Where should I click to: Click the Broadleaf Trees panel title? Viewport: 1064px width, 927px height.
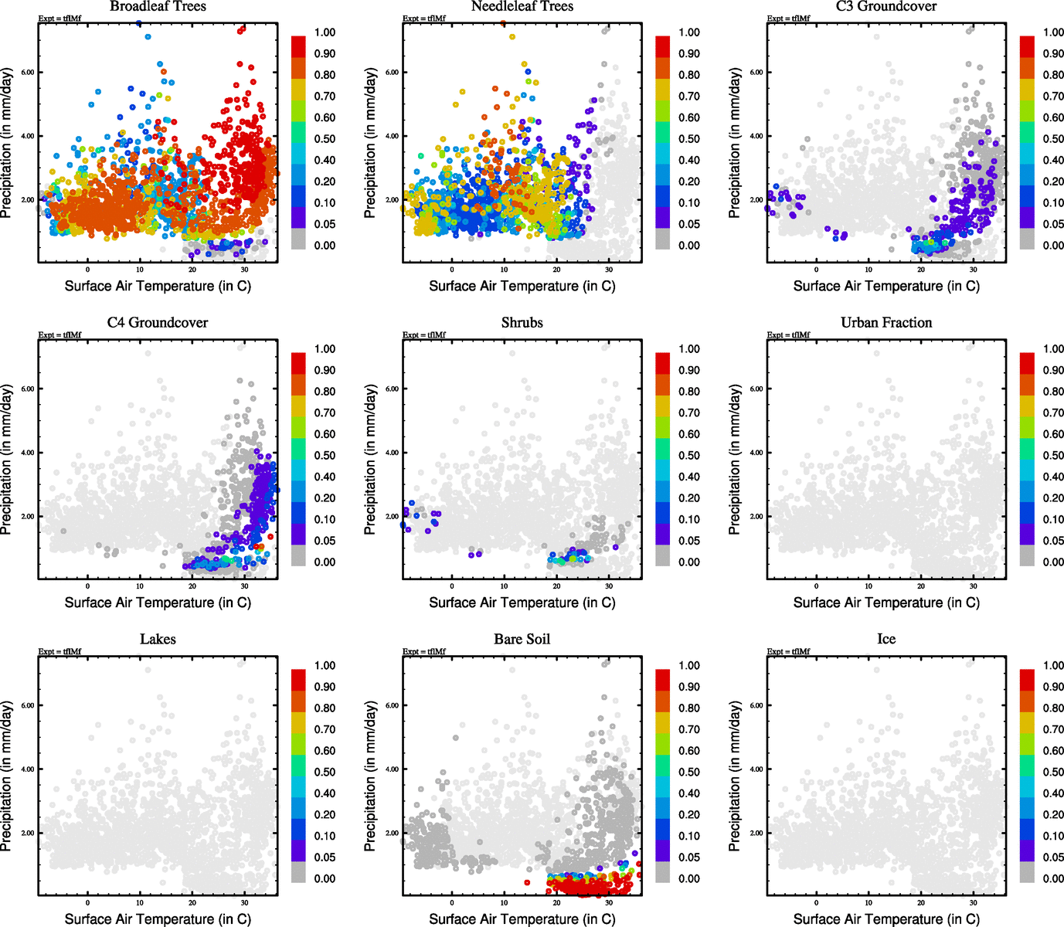[x=158, y=7]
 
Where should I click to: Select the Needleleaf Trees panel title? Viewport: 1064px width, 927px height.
[x=522, y=7]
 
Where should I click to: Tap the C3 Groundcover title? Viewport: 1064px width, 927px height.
[x=886, y=7]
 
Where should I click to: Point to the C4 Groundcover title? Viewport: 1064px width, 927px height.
[x=158, y=323]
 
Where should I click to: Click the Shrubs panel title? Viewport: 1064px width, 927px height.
[x=522, y=323]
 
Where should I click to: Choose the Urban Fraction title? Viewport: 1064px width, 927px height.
[x=886, y=323]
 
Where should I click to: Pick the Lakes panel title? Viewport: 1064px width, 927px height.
[x=158, y=640]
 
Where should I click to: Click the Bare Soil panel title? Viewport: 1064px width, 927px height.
[x=522, y=640]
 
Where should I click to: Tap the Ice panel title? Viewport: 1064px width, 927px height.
[x=886, y=640]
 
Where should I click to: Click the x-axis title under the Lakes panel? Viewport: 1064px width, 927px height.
[x=158, y=919]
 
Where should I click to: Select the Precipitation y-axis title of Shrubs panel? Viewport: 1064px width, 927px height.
[x=371, y=460]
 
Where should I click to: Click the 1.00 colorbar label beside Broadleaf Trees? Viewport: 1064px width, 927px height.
[x=325, y=32]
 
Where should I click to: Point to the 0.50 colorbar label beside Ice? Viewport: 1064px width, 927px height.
[x=1053, y=772]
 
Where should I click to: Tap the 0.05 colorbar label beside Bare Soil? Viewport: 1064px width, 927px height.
[x=689, y=857]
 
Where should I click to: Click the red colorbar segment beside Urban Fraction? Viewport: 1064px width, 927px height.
[x=1027, y=363]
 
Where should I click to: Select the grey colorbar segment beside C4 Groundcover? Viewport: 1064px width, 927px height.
[x=298, y=555]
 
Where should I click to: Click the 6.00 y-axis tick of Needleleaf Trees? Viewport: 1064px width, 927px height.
[x=393, y=73]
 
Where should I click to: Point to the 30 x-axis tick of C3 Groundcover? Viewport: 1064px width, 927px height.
[x=974, y=270]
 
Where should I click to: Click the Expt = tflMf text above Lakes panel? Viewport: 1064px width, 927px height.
[x=59, y=651]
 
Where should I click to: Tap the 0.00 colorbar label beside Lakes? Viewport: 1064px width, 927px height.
[x=325, y=878]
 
